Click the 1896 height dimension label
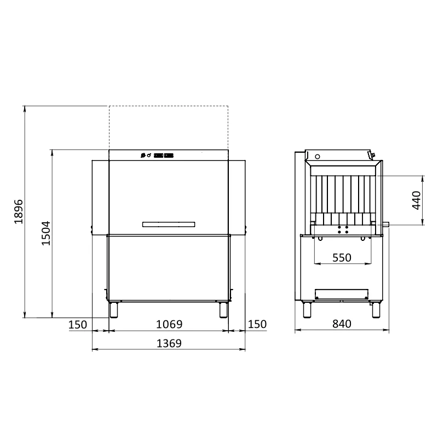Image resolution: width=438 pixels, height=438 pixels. click(x=19, y=212)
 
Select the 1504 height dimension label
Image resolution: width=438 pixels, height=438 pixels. click(x=46, y=233)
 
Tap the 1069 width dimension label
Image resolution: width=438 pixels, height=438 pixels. click(x=169, y=324)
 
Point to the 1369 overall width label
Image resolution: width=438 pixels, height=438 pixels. click(x=169, y=343)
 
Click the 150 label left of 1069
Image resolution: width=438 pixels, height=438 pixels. click(x=78, y=325)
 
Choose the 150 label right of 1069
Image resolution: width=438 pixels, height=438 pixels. click(x=257, y=324)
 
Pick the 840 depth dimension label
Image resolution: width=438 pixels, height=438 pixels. click(x=342, y=324)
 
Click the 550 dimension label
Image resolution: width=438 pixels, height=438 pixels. click(x=342, y=258)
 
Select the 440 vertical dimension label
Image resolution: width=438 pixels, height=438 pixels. click(x=416, y=200)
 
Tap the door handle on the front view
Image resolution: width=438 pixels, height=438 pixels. click(x=169, y=224)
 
